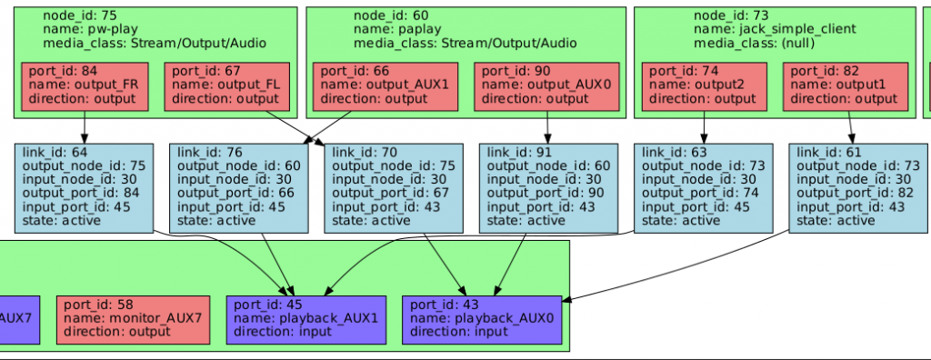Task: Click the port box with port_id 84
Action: click(84, 86)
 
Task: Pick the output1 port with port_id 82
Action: click(846, 86)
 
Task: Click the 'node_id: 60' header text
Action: click(391, 15)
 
